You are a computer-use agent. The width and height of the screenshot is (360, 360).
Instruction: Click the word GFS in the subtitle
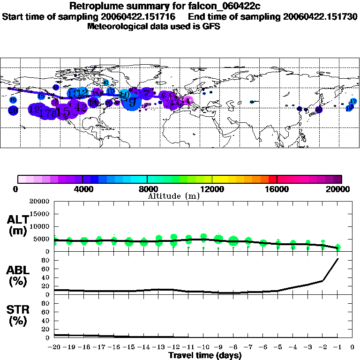(x=211, y=26)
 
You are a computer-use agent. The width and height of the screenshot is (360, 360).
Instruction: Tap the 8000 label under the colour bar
(x=147, y=189)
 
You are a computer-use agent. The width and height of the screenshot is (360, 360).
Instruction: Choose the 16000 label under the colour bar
(x=277, y=189)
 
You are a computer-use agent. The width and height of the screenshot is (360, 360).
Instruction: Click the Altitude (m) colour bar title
(x=173, y=196)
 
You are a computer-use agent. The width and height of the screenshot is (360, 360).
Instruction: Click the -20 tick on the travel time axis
(x=54, y=347)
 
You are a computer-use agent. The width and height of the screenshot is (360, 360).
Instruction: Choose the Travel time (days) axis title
(x=205, y=355)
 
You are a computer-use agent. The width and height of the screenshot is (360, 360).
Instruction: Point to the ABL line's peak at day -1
(x=337, y=259)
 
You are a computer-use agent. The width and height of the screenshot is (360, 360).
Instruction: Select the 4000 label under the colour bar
(x=82, y=189)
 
